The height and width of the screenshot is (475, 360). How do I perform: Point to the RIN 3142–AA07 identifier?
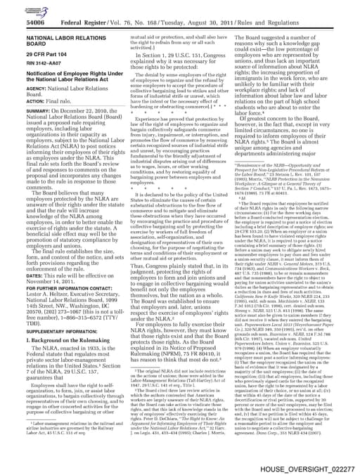pyautogui.click(x=32, y=72)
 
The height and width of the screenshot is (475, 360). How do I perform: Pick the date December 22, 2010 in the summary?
pyautogui.click(x=73, y=129)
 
